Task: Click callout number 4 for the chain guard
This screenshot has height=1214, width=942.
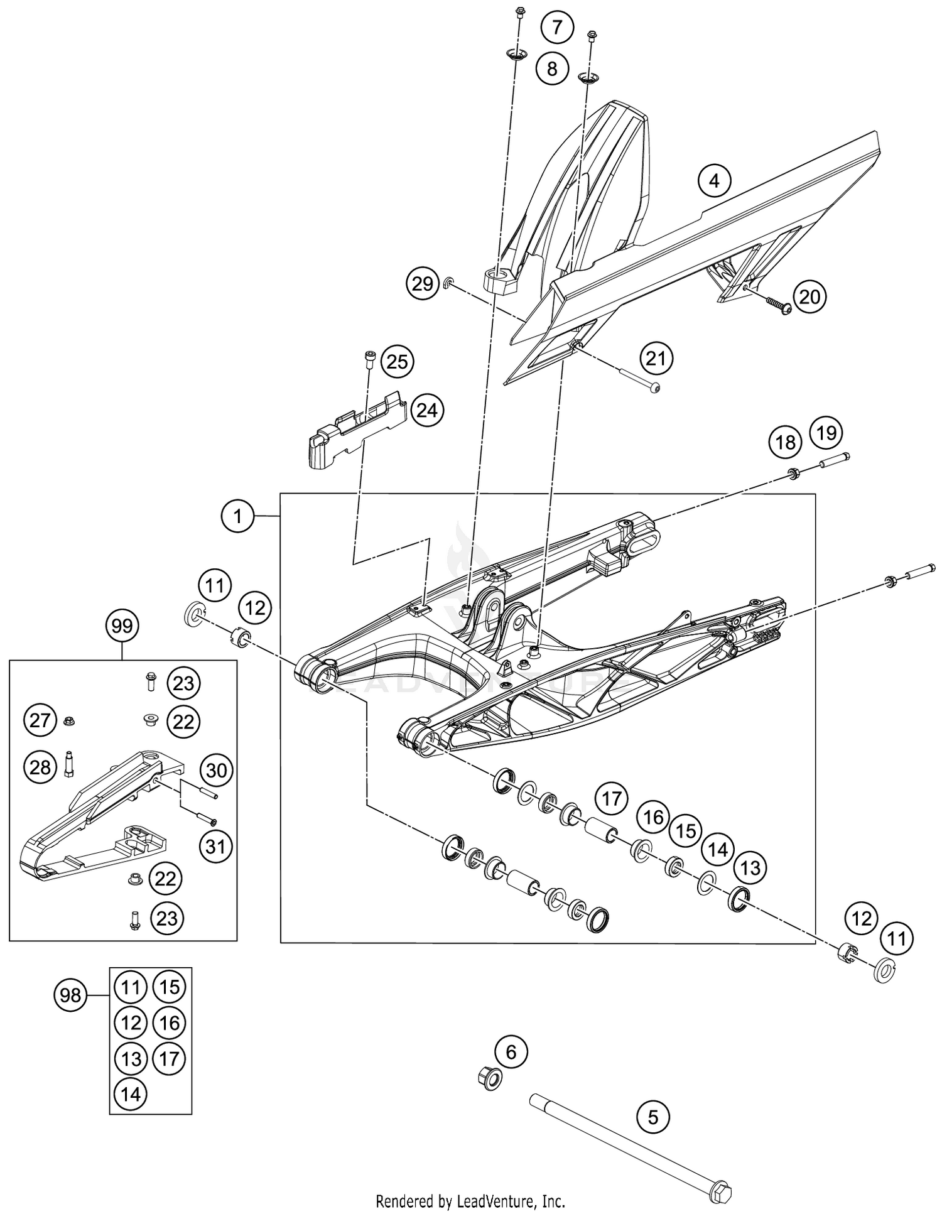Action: click(714, 181)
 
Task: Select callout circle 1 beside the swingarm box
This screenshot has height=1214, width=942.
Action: click(237, 517)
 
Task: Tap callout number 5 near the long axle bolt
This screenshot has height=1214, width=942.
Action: click(653, 1117)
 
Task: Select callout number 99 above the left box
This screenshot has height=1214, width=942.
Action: click(122, 626)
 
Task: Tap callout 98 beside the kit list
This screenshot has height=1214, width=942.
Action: click(70, 995)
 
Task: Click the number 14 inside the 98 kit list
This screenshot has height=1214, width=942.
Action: click(131, 1094)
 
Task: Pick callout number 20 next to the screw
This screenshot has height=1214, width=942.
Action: click(810, 296)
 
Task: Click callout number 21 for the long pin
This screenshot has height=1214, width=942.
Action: click(656, 359)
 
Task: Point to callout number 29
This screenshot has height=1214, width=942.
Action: click(423, 284)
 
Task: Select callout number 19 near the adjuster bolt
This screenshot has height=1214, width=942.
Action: click(826, 433)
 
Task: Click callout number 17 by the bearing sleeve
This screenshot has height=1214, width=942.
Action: click(612, 799)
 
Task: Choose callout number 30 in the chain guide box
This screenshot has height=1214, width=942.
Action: click(216, 770)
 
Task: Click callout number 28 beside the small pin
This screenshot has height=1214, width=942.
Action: click(40, 767)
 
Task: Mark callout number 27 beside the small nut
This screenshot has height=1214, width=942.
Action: click(40, 720)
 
